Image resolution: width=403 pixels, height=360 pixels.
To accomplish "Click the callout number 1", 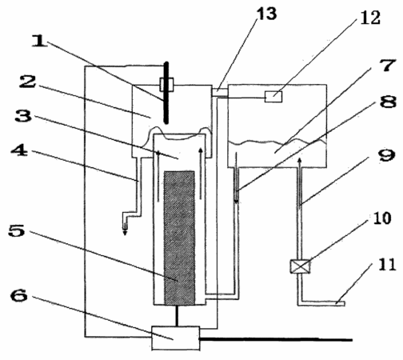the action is (x=40, y=42).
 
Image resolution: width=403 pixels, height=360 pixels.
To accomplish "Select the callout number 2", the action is (x=27, y=82).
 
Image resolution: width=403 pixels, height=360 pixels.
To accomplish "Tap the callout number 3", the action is (x=23, y=115).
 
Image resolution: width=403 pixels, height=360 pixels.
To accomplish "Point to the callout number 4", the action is (x=19, y=150).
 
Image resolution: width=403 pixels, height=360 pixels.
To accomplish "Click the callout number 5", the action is (x=17, y=230).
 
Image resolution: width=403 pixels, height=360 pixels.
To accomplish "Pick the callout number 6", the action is (x=19, y=295).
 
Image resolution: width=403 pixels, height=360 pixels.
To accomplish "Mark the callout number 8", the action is (x=388, y=101).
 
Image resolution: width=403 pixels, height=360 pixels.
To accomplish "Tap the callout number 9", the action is (x=387, y=155).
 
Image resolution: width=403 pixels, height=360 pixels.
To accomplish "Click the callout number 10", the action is (x=382, y=218).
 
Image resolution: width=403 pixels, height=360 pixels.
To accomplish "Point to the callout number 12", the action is (x=370, y=18).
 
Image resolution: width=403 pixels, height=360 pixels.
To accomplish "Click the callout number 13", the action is (x=266, y=14).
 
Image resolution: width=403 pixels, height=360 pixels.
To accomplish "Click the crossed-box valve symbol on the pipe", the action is (x=300, y=266).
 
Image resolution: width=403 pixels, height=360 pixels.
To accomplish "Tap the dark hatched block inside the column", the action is (x=179, y=238).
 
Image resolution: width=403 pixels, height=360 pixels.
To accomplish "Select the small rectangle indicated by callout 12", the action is (x=273, y=97).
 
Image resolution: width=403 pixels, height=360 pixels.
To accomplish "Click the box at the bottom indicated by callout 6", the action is (x=176, y=338).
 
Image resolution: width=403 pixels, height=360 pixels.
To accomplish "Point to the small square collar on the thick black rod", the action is (x=166, y=85).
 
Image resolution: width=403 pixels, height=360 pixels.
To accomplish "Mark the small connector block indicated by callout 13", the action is (x=220, y=93).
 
